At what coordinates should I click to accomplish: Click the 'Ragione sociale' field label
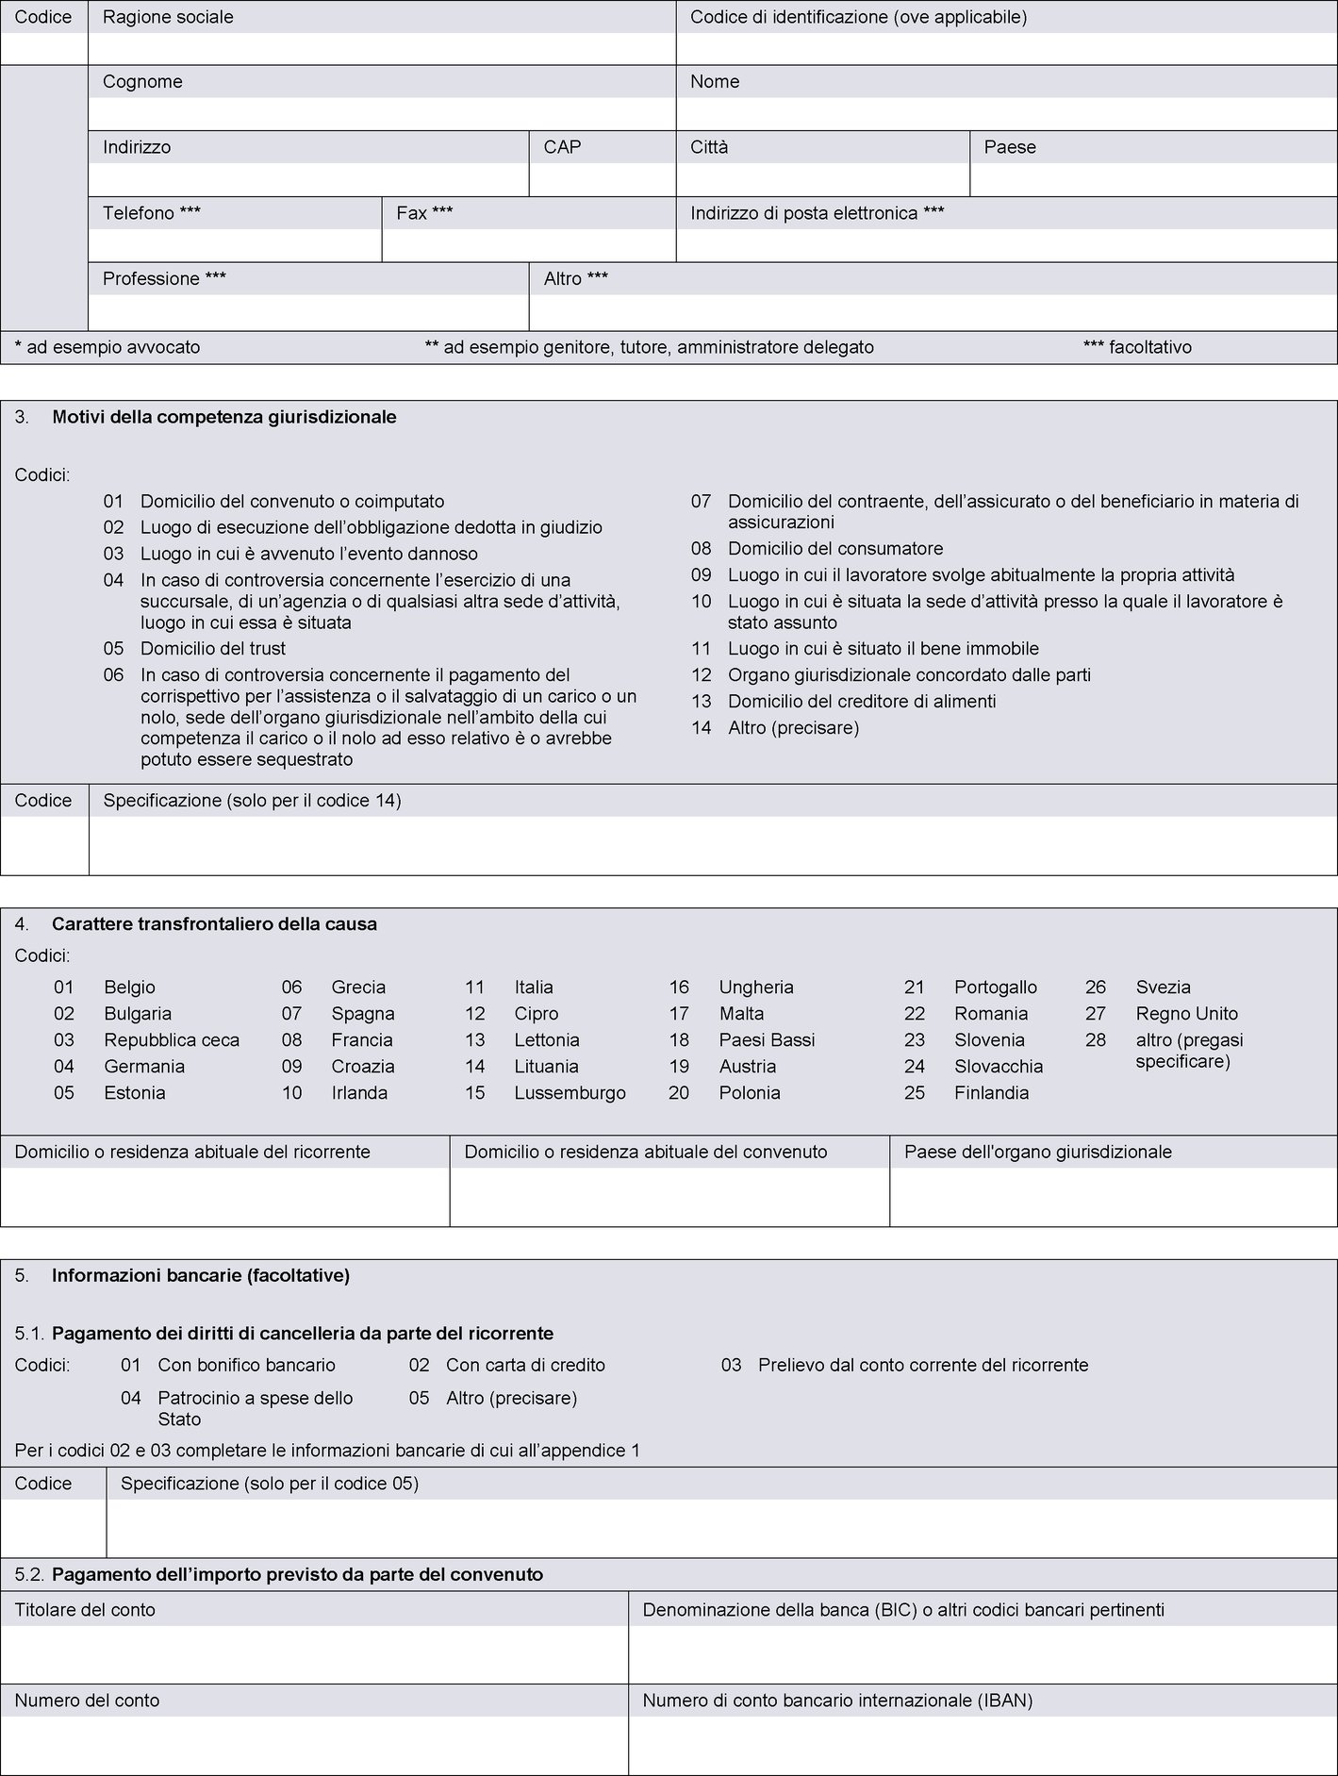[168, 17]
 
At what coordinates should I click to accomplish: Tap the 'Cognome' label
[142, 82]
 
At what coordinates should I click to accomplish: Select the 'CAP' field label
[562, 147]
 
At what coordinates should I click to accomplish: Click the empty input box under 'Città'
[822, 179]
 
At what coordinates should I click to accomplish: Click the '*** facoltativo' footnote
[1137, 347]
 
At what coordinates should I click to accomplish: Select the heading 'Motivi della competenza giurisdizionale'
[224, 417]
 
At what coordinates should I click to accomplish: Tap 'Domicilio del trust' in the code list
[213, 649]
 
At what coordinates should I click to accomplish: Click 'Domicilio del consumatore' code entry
[835, 549]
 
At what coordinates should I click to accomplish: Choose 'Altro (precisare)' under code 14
[793, 728]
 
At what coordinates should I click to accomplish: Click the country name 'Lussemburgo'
[570, 1093]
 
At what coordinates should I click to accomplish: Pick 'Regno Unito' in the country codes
[1186, 1014]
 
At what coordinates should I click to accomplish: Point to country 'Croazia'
[363, 1067]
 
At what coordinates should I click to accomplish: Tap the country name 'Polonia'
[750, 1093]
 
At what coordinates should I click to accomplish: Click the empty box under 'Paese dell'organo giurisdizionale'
[1113, 1197]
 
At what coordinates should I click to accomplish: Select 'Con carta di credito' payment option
[525, 1365]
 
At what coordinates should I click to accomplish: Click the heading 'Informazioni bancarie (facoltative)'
[201, 1276]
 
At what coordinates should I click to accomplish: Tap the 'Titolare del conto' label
[85, 1610]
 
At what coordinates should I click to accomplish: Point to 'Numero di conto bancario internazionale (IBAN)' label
[837, 1701]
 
